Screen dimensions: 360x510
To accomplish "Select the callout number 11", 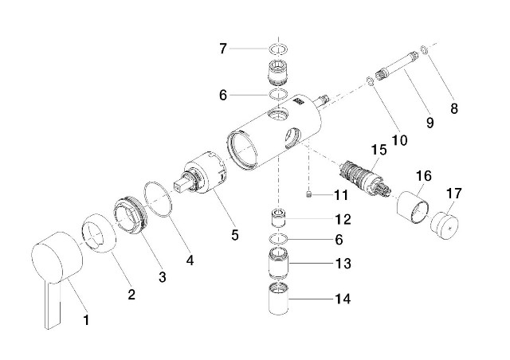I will (341, 194).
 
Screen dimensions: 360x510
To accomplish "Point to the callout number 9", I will (430, 123).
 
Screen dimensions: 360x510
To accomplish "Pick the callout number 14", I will (343, 299).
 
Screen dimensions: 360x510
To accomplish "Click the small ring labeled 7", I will (278, 50).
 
